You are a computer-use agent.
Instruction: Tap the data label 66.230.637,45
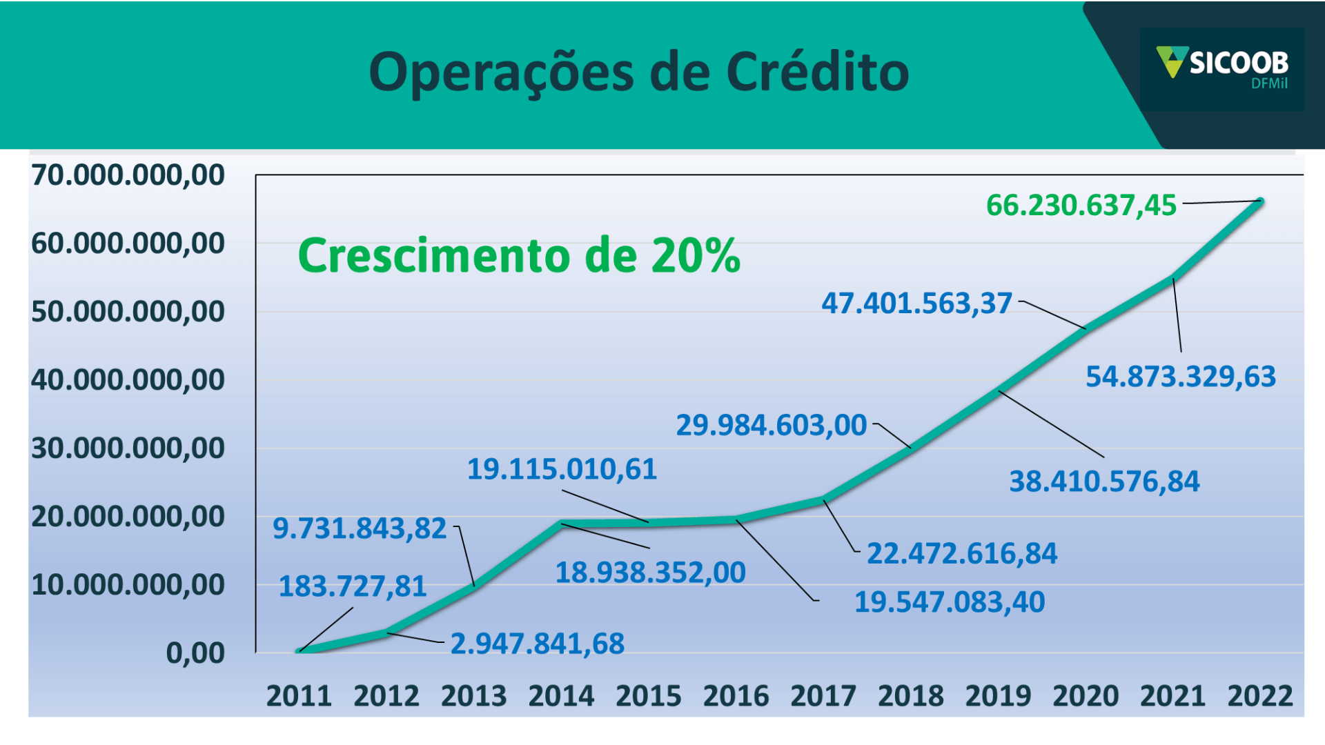pyautogui.click(x=1081, y=206)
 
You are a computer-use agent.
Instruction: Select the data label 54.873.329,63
pyautogui.click(x=1180, y=377)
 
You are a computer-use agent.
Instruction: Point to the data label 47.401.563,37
pyautogui.click(x=916, y=304)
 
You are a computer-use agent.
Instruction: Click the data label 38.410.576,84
pyautogui.click(x=1104, y=481)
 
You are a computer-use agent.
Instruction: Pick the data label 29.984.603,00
pyautogui.click(x=771, y=425)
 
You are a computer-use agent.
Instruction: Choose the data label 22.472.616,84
pyautogui.click(x=961, y=553)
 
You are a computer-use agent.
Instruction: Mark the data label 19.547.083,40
pyautogui.click(x=950, y=602)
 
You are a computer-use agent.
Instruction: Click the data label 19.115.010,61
pyautogui.click(x=562, y=469)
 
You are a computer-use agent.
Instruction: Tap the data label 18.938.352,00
pyautogui.click(x=650, y=573)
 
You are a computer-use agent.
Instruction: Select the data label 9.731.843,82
pyautogui.click(x=360, y=528)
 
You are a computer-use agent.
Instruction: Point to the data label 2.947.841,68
pyautogui.click(x=537, y=644)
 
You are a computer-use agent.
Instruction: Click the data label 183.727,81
pyautogui.click(x=352, y=586)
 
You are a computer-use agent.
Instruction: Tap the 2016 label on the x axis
pyautogui.click(x=736, y=696)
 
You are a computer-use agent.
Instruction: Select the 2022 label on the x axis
pyautogui.click(x=1259, y=696)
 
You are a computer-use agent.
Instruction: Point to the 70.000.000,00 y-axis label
pyautogui.click(x=128, y=175)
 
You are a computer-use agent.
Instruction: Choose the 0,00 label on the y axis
pyautogui.click(x=195, y=653)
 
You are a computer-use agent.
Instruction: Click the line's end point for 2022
pyautogui.click(x=1260, y=201)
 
